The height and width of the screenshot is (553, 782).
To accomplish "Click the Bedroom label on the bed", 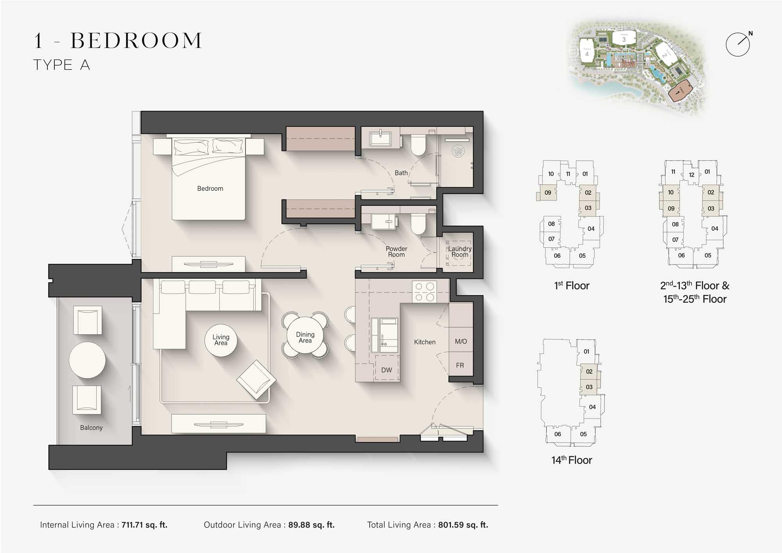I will [x=210, y=189].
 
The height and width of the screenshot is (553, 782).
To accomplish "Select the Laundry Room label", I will [x=460, y=251].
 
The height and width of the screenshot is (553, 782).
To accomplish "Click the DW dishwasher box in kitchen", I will [x=387, y=369].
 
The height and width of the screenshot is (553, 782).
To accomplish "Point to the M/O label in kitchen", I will [x=461, y=341].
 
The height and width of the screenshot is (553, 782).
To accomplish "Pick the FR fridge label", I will [x=460, y=365].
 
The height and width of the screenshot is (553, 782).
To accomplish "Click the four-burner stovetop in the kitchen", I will [x=425, y=292].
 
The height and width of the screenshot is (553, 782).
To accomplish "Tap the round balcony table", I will [x=87, y=360].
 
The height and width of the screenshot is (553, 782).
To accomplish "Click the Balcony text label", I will [x=91, y=427].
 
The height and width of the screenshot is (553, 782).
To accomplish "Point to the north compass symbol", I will [x=738, y=44].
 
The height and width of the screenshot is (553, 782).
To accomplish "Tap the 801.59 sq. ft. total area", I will [x=463, y=525].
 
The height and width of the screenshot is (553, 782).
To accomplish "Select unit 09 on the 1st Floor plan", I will [x=547, y=193].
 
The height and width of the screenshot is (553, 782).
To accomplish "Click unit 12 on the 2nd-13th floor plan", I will [x=691, y=175].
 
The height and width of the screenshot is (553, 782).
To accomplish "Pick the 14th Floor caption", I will [x=572, y=460].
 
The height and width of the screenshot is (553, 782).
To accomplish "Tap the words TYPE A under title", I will [x=62, y=65].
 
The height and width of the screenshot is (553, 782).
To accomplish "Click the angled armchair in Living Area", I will [x=256, y=379].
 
